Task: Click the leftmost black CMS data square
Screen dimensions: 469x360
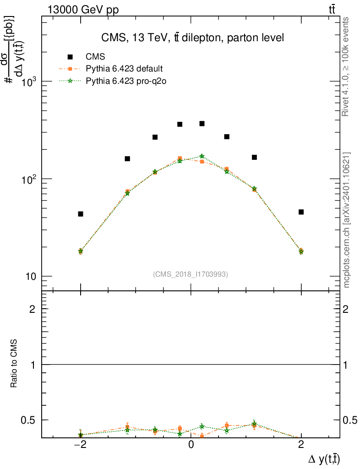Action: pyautogui.click(x=81, y=214)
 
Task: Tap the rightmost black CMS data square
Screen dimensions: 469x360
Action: pyautogui.click(x=301, y=212)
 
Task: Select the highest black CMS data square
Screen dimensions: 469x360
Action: pyautogui.click(x=202, y=124)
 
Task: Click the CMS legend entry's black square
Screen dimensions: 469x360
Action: pyautogui.click(x=70, y=57)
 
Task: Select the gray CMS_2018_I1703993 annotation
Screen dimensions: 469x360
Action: pyautogui.click(x=191, y=274)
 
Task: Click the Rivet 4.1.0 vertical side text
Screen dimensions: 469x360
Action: pyautogui.click(x=346, y=66)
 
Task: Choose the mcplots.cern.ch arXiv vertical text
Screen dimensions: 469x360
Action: pyautogui.click(x=347, y=220)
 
